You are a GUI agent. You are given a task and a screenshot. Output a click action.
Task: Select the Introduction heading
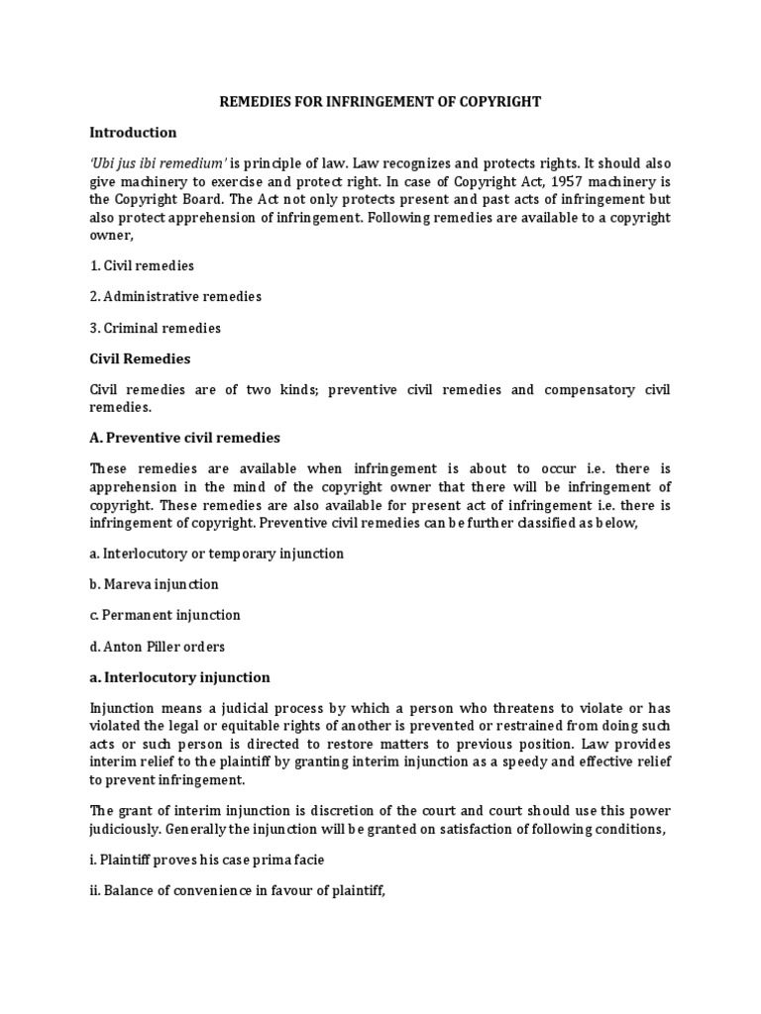pyautogui.click(x=133, y=132)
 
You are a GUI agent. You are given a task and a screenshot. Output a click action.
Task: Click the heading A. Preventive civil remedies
pyautogui.click(x=184, y=437)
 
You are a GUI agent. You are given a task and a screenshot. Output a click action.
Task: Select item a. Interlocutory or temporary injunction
pyautogui.click(x=216, y=554)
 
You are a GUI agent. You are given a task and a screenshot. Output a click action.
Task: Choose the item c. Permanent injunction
pyautogui.click(x=164, y=615)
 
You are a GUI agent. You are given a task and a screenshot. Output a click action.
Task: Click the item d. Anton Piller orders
pyautogui.click(x=157, y=646)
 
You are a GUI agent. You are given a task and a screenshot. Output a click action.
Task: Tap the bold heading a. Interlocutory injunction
pyautogui.click(x=179, y=677)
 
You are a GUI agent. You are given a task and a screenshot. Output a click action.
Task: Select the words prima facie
pyautogui.click(x=289, y=860)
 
